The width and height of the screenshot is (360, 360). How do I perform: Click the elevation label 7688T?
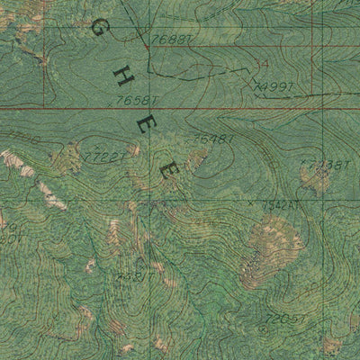171,40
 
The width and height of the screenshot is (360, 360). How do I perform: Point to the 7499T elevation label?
275,86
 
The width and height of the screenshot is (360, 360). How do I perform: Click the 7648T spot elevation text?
214,139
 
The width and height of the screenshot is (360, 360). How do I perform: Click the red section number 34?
262,64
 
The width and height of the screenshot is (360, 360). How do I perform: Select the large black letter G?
94,30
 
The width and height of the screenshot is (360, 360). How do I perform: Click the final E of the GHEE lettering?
167,169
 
